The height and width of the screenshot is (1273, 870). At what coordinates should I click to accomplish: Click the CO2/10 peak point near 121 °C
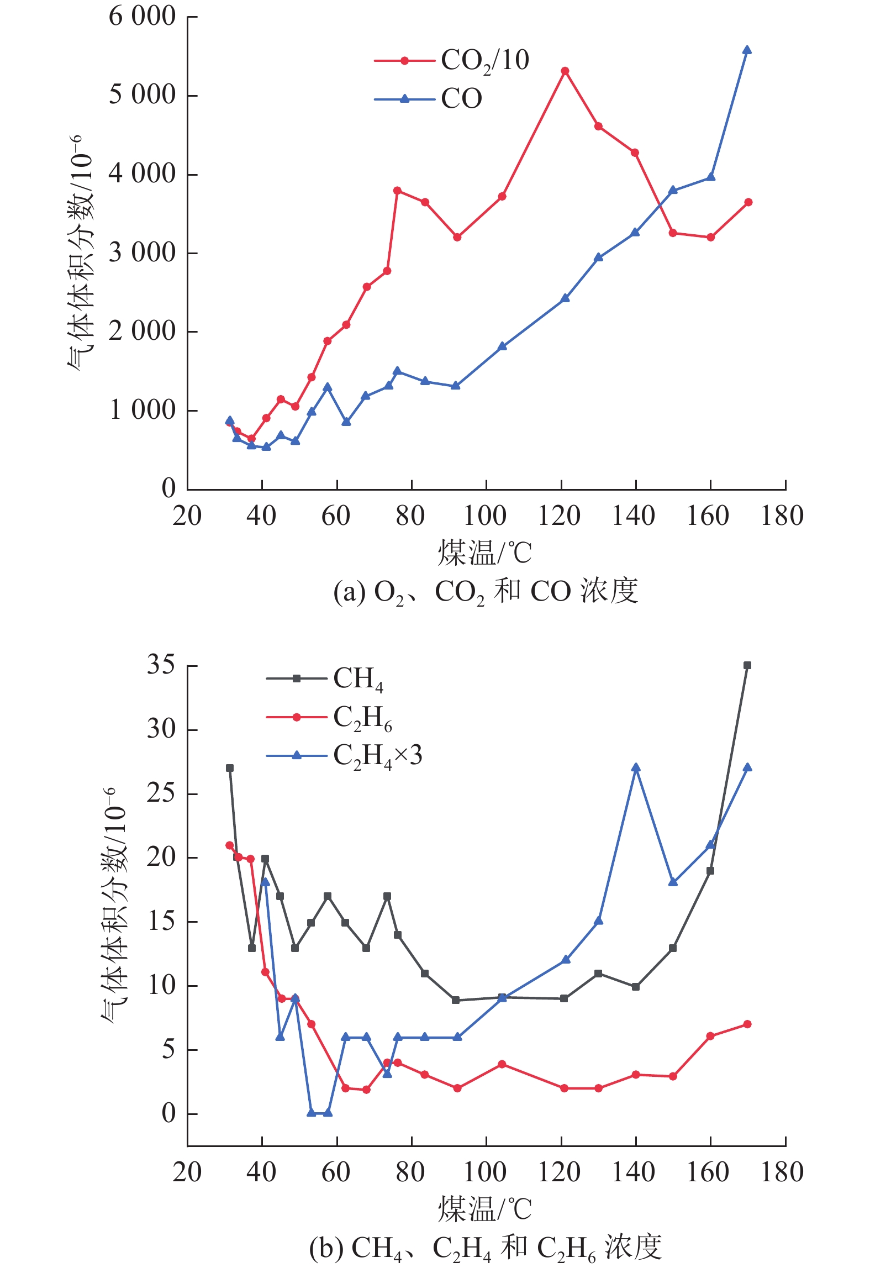565,71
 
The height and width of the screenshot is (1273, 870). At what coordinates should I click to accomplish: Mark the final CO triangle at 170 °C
747,50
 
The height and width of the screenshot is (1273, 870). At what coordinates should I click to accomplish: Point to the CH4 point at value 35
747,665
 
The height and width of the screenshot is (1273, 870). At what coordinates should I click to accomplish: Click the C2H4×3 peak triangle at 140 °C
636,767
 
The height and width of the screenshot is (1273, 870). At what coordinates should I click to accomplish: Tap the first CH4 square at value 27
230,768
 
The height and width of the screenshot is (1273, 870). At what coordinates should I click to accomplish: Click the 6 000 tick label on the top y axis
142,17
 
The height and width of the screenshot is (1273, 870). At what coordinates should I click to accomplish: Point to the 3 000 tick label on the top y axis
142,253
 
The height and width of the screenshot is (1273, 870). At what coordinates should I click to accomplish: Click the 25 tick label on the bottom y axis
161,793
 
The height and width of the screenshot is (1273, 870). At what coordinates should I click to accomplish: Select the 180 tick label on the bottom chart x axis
782,1172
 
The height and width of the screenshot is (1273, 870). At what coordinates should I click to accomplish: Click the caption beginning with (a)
486,592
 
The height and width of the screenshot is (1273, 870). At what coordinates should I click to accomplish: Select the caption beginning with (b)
486,1247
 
